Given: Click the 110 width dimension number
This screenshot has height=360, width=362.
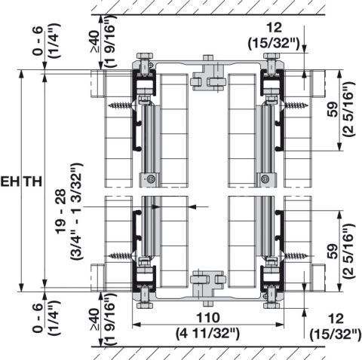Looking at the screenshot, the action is pos(208,318).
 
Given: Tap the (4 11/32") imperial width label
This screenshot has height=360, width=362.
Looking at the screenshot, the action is pos(207,334).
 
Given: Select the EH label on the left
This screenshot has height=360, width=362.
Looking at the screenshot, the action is pos(10,182).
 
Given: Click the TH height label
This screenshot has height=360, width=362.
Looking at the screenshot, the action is pos(32,182).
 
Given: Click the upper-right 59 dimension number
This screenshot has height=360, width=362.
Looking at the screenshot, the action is pos(333,109).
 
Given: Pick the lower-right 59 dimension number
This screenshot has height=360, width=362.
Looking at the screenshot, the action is pos(333,252).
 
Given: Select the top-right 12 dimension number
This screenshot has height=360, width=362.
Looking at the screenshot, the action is pos(275,28).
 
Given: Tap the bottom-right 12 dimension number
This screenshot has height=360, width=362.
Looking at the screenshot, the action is pos(336,319).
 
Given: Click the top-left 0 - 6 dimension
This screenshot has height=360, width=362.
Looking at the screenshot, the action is pos(38,41).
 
